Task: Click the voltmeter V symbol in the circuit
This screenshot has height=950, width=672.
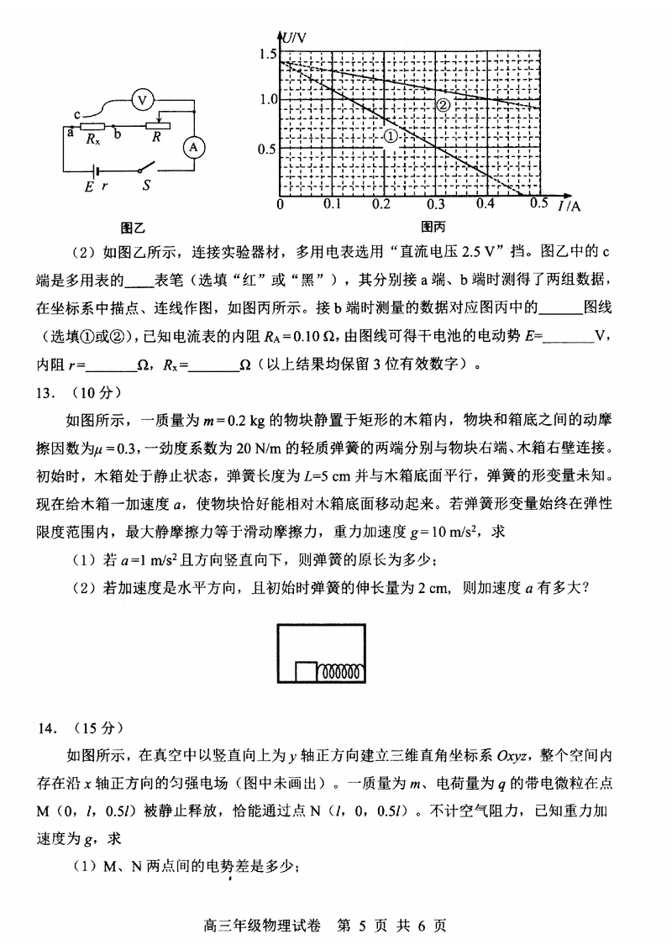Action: point(143,100)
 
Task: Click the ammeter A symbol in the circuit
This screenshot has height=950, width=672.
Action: point(195,146)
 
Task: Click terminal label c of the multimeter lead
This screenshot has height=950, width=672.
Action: point(76,115)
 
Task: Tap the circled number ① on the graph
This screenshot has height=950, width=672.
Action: point(390,135)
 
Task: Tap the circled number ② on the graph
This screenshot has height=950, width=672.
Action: point(443,104)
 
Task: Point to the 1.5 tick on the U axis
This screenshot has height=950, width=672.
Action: point(268,55)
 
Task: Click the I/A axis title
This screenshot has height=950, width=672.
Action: point(570,206)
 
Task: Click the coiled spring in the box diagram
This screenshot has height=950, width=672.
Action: point(343,672)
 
